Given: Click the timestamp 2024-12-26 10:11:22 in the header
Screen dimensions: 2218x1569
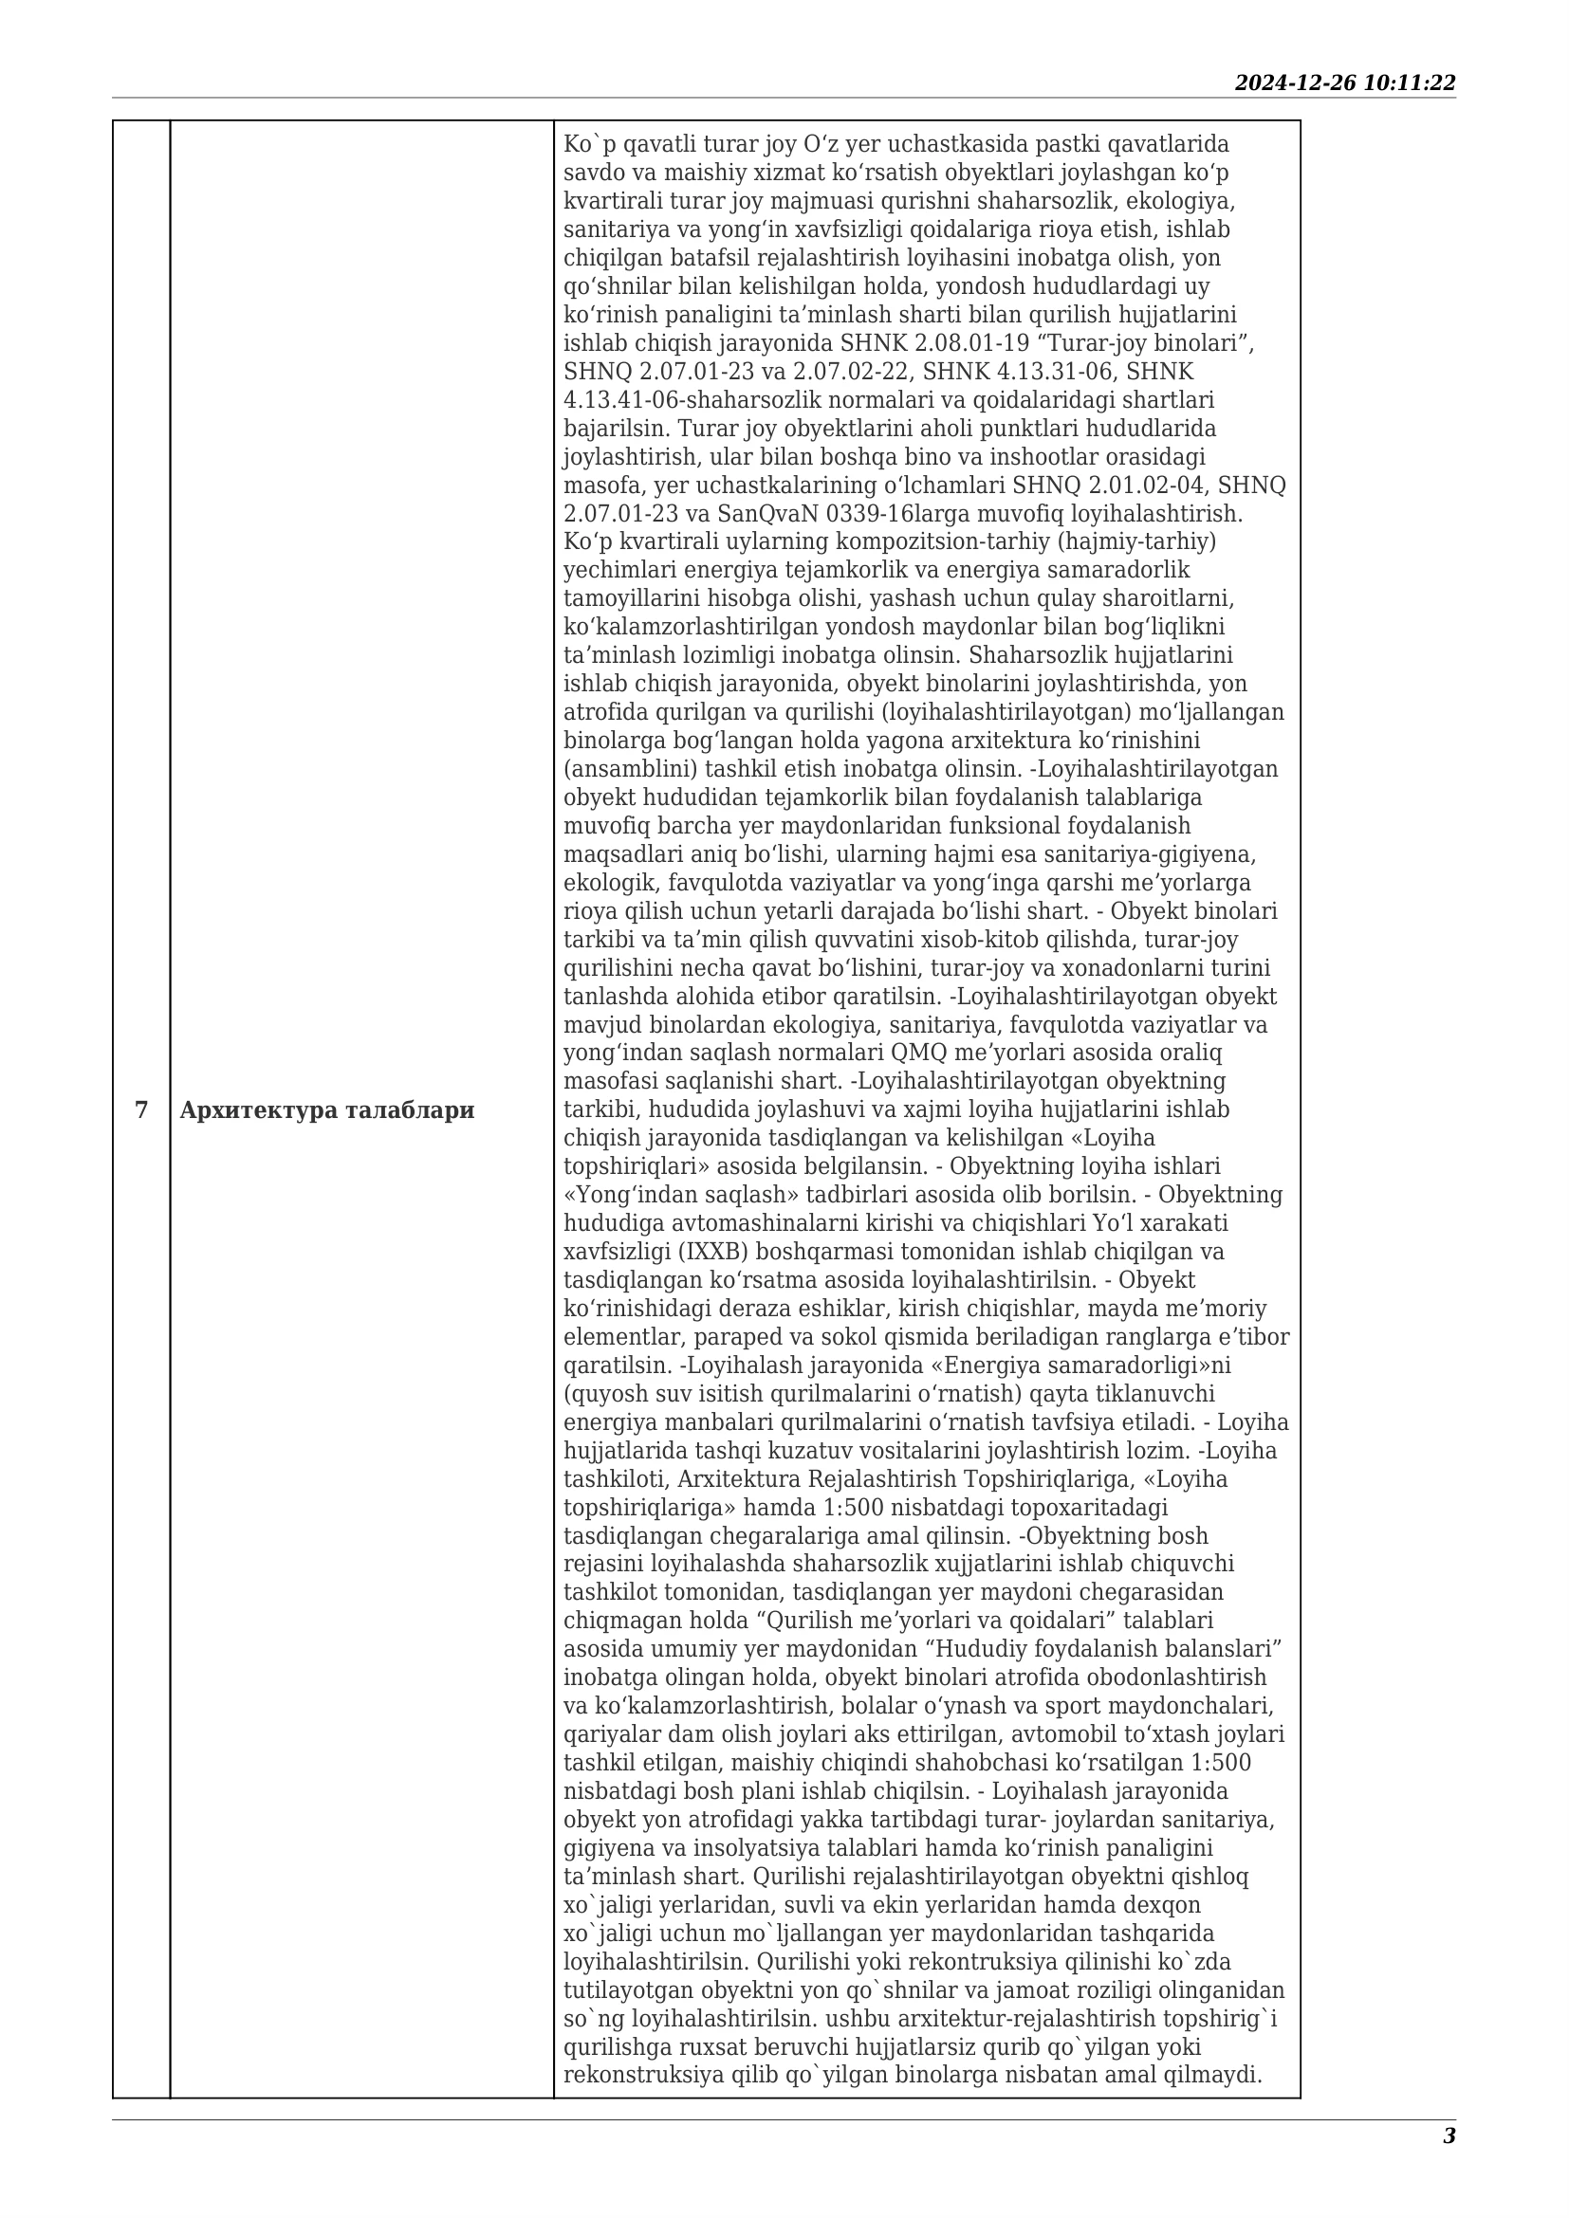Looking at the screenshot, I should (1344, 83).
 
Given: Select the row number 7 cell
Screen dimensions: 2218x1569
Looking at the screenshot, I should (141, 1110).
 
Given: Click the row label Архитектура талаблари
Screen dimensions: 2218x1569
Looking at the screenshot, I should (326, 1110).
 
